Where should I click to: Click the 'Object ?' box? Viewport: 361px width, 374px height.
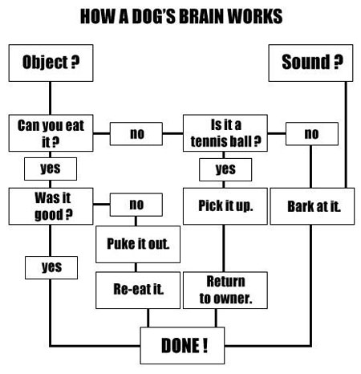(51, 63)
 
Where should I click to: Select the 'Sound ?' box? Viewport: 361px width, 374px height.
(310, 63)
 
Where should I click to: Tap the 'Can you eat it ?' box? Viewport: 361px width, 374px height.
(51, 133)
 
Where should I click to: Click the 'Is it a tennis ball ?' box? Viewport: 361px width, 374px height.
(225, 133)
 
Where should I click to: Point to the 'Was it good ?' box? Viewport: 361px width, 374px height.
(51, 206)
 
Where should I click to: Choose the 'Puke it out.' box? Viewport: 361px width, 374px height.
(138, 244)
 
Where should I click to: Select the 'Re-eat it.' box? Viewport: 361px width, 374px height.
(138, 291)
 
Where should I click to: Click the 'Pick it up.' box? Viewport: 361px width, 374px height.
(225, 206)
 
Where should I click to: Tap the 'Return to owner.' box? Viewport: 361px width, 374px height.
(225, 291)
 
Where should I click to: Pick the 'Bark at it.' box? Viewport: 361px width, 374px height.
(312, 206)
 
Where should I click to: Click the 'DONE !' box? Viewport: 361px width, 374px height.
(182, 345)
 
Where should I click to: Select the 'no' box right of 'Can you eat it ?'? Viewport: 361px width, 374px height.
(136, 134)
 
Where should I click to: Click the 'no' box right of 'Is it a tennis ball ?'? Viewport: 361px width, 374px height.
(312, 134)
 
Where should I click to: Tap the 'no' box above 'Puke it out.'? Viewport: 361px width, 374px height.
(136, 205)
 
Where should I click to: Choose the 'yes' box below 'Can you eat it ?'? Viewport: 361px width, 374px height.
(51, 169)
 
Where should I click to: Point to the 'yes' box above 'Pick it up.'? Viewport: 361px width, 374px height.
(225, 169)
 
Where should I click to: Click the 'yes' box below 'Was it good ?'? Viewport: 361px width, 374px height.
(51, 267)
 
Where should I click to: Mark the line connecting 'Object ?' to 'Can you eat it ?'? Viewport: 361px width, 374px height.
(50, 98)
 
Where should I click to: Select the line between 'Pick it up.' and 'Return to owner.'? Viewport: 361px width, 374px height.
(224, 248)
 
